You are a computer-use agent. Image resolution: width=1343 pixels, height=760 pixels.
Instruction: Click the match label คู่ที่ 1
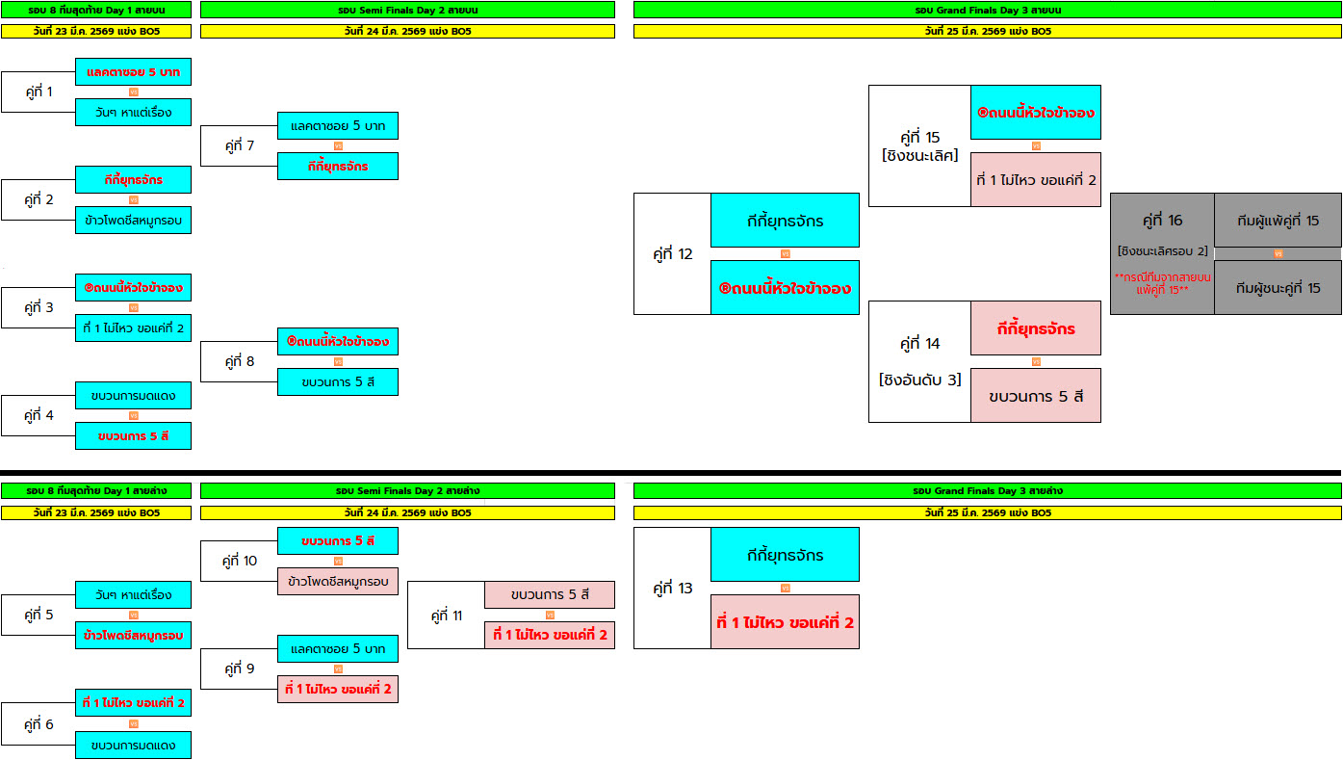(39, 92)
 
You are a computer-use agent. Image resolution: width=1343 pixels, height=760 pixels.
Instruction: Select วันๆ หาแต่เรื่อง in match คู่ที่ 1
(133, 112)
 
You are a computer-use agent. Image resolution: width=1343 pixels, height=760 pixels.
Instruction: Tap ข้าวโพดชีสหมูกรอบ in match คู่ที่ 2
(133, 220)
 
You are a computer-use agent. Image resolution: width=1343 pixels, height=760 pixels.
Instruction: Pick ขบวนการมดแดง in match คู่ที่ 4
(133, 395)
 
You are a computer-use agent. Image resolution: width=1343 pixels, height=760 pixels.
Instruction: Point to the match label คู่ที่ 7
(239, 146)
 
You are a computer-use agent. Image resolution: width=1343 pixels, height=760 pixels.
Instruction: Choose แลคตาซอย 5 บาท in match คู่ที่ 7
(337, 125)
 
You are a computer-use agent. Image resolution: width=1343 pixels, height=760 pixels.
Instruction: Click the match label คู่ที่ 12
(672, 254)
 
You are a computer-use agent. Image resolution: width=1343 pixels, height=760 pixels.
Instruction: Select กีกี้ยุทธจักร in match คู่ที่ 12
(785, 221)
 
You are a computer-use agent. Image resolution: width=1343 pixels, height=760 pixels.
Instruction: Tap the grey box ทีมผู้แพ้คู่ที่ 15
(1278, 221)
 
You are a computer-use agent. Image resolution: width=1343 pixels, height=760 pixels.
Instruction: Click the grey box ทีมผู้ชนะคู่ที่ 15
(1278, 288)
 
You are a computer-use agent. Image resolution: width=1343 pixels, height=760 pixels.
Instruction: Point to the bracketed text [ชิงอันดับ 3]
(919, 380)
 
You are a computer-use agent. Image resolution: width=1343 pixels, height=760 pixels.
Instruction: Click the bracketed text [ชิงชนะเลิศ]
(919, 155)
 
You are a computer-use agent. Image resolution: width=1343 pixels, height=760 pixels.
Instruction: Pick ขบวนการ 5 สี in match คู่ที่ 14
(1035, 396)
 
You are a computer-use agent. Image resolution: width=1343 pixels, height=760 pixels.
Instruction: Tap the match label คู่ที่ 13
(672, 588)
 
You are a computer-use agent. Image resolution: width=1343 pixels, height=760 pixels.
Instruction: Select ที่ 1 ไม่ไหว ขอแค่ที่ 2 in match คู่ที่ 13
(785, 622)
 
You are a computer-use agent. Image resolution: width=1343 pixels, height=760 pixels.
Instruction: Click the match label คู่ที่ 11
(446, 615)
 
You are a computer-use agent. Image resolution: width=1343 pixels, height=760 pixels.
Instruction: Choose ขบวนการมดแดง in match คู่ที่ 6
(133, 745)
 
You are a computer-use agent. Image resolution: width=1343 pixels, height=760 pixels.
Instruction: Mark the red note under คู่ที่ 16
(1162, 282)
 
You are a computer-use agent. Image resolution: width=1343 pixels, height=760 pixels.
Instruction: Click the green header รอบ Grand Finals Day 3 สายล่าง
(987, 490)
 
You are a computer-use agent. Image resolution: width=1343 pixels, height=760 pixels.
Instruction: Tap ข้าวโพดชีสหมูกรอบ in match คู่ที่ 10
(337, 581)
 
